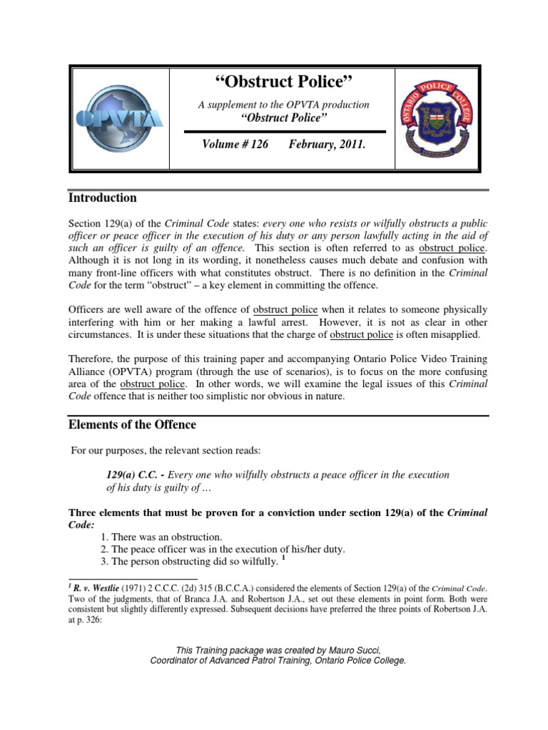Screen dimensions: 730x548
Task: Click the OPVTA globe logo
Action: [120, 119]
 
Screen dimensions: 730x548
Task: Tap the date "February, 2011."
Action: [327, 145]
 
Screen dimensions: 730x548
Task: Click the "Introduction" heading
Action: [102, 197]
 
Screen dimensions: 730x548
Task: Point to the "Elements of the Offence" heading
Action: [132, 425]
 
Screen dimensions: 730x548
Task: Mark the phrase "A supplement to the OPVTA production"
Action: [284, 105]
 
